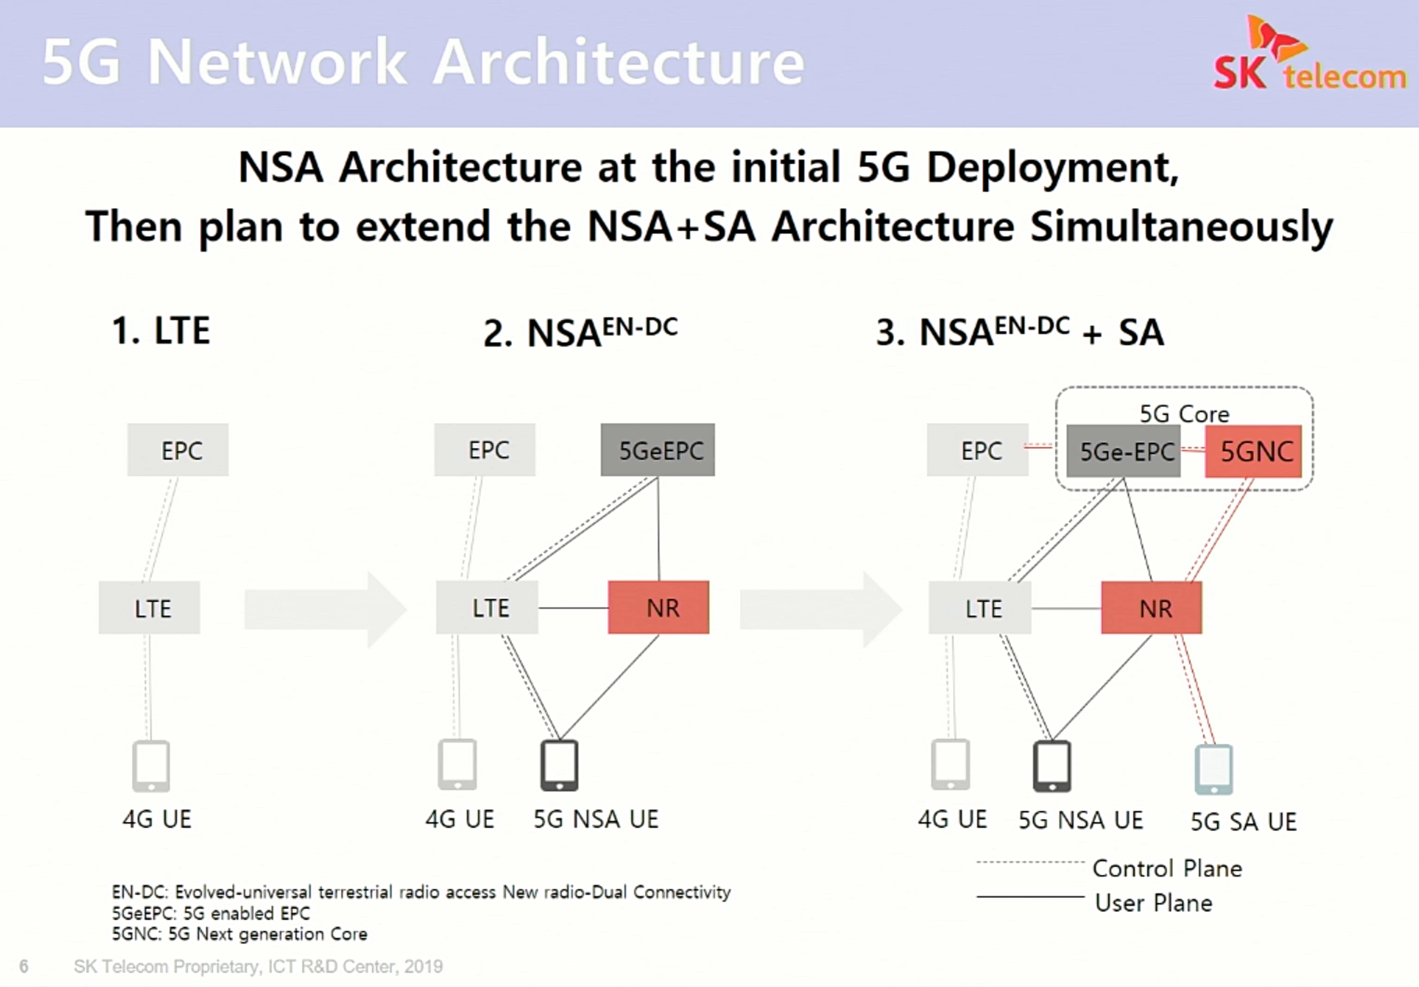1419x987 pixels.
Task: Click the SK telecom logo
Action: tap(1309, 54)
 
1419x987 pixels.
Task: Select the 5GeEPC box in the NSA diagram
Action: tap(658, 450)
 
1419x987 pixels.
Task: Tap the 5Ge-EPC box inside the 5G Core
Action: tap(1123, 451)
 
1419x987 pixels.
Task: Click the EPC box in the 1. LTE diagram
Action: tap(178, 450)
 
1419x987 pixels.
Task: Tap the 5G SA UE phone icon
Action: tap(1214, 769)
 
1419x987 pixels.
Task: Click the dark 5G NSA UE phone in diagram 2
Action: tap(559, 765)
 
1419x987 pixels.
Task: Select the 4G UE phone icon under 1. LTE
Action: tap(151, 766)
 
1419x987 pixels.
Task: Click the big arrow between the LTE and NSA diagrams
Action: tap(326, 609)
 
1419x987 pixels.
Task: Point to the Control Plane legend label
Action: tap(1167, 868)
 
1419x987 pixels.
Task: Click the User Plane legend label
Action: tap(1153, 903)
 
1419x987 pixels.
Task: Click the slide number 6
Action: tap(24, 966)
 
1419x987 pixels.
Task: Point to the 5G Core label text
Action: tap(1184, 413)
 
